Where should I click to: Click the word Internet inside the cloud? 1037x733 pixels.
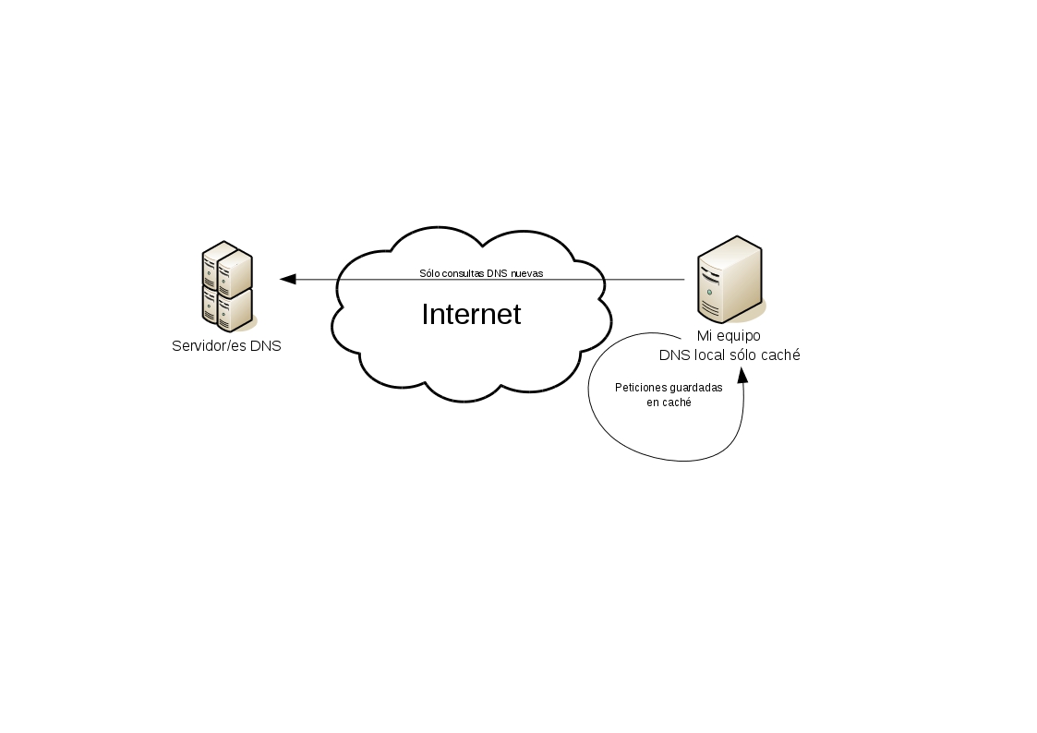coord(471,315)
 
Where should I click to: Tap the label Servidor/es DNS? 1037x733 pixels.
coord(226,347)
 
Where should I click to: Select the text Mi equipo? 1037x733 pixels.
coord(729,337)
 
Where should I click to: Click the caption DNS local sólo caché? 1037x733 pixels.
coord(729,355)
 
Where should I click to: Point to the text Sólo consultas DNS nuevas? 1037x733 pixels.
coord(481,273)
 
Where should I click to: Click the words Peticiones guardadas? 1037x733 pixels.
coord(669,388)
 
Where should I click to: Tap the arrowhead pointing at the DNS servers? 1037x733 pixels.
coord(287,279)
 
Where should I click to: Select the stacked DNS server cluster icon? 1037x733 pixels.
coord(227,286)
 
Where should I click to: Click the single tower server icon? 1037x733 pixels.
coord(730,277)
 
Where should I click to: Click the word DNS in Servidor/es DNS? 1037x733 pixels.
coord(266,347)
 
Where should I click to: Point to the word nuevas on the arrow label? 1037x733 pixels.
coord(526,273)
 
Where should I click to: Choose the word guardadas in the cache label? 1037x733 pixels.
coord(695,388)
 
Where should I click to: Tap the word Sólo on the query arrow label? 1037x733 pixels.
coord(430,273)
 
